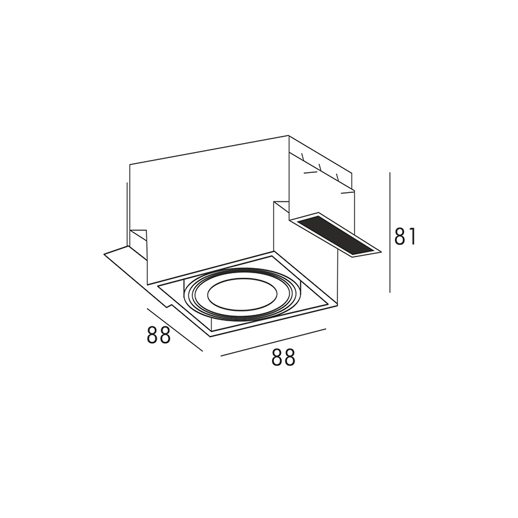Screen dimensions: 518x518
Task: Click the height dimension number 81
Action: coord(405,236)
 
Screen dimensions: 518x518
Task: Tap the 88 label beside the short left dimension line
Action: coord(159,334)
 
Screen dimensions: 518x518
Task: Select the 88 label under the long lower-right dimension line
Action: coord(283,357)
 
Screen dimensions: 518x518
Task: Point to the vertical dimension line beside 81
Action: coord(390,232)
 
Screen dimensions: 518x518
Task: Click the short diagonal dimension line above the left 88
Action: coord(175,330)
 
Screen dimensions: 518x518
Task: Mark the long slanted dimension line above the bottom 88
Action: coord(273,343)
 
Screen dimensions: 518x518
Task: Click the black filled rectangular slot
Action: coord(336,235)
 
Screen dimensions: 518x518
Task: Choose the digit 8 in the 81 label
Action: coord(400,236)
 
